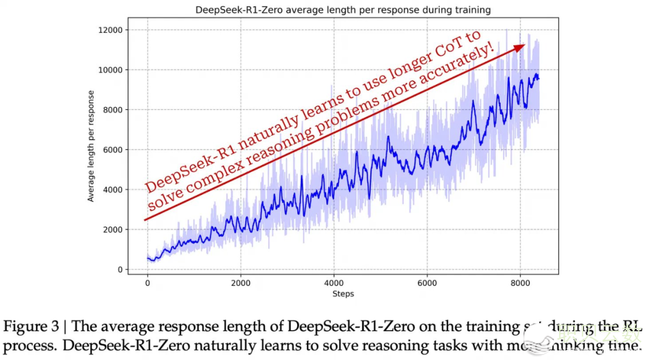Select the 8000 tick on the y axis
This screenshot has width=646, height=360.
click(x=112, y=110)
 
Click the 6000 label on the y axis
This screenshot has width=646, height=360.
click(x=112, y=150)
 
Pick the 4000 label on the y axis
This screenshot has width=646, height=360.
click(x=112, y=190)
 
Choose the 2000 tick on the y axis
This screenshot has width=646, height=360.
click(x=112, y=230)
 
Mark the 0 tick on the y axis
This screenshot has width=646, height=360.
click(x=120, y=270)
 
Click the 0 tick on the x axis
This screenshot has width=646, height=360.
click(x=147, y=282)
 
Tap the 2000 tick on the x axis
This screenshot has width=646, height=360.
click(x=240, y=282)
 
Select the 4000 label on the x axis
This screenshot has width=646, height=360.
click(x=334, y=282)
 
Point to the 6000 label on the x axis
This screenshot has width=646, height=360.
click(x=427, y=282)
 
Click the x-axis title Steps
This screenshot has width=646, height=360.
click(x=343, y=294)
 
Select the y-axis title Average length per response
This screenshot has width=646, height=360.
click(x=91, y=146)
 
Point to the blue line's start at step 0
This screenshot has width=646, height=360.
click(x=148, y=258)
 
